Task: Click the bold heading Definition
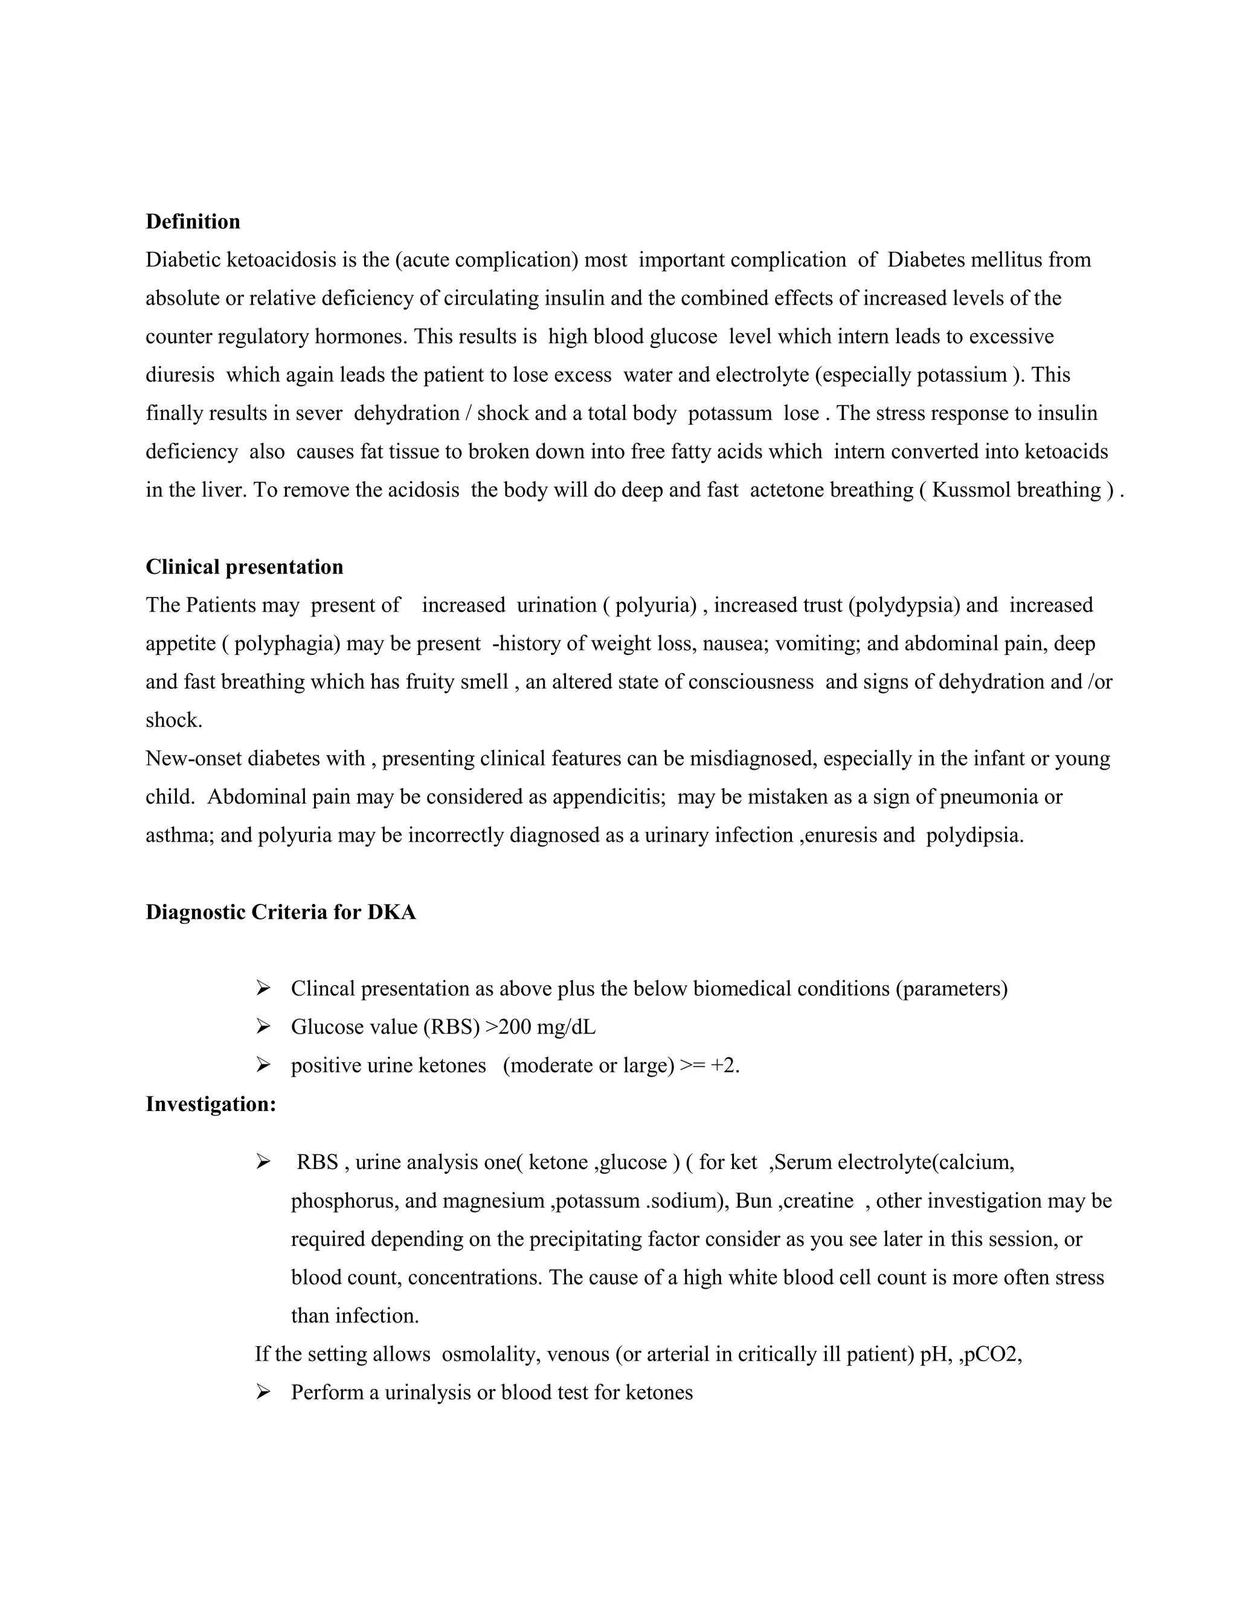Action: pos(193,221)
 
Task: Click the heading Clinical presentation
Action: pos(244,567)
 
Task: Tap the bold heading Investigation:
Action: pos(210,1103)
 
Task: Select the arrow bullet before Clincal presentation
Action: pos(263,989)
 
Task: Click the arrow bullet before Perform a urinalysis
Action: pos(263,1392)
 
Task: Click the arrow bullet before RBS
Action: pos(263,1162)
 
